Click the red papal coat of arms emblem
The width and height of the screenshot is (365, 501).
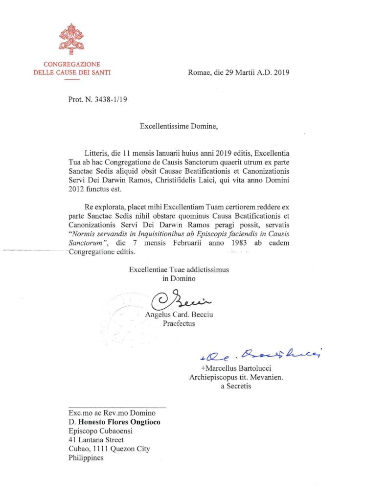[x=71, y=39]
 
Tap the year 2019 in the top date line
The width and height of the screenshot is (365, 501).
[x=282, y=73]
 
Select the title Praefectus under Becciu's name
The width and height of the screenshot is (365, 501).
[x=179, y=323]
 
